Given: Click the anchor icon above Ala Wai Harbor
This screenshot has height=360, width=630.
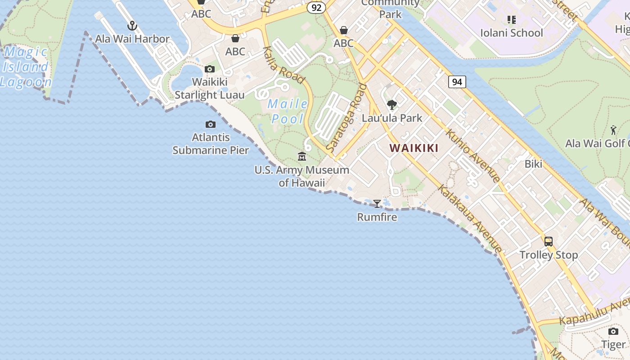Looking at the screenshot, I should coord(132,26).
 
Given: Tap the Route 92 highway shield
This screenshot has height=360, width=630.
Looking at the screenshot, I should coord(316,8).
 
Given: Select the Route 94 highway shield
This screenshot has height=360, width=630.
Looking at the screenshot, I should coord(457,82).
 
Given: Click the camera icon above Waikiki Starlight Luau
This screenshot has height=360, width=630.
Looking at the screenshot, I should coord(209,69).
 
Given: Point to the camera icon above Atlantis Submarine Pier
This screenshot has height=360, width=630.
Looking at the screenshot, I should coord(210,124).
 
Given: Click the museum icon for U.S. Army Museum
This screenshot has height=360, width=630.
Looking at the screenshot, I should coord(302,156).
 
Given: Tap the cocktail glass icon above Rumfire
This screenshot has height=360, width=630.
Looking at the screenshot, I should coord(377,204).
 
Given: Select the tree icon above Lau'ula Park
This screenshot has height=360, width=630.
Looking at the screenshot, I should coord(392,105).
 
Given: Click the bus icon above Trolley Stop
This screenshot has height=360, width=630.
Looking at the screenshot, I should coord(549,242).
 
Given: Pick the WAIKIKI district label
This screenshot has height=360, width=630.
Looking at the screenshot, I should coord(414,148).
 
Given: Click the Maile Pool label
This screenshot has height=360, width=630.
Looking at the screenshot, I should coord(288,112).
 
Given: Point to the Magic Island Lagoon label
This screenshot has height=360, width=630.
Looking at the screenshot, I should coord(25,67).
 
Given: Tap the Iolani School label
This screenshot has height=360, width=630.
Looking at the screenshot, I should coord(512,33).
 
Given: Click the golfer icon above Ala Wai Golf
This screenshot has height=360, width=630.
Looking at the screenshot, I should coord(613,130).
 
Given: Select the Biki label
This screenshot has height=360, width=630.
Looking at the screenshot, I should coord(533,164).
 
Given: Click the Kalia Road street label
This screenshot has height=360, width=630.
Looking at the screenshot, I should coord(283,65).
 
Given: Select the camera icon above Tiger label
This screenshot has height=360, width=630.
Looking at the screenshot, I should coord(613,332).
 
